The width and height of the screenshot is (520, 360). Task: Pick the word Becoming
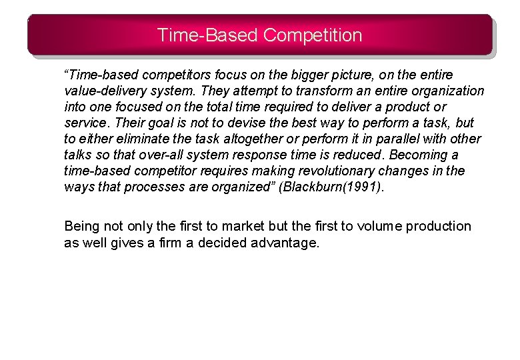pyautogui.click(x=419, y=155)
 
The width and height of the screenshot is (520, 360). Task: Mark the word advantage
pyautogui.click(x=285, y=243)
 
